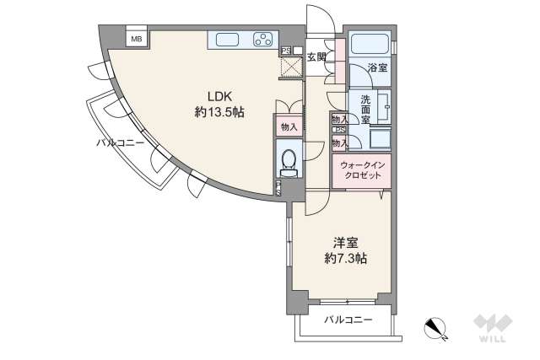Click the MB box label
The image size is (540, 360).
point(135,39)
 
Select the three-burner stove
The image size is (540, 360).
point(263,39)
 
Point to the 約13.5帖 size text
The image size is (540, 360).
point(219,111)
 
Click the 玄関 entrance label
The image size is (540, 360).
point(316,56)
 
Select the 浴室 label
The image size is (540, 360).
point(377,68)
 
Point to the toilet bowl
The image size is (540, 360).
point(288,159)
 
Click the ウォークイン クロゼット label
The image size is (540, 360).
point(361,169)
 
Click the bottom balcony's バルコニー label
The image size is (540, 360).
point(348,320)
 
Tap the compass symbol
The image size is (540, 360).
point(436,327)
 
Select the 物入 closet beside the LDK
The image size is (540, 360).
point(289,126)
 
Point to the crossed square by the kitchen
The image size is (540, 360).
point(291,67)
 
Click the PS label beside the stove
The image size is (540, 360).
point(286,50)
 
